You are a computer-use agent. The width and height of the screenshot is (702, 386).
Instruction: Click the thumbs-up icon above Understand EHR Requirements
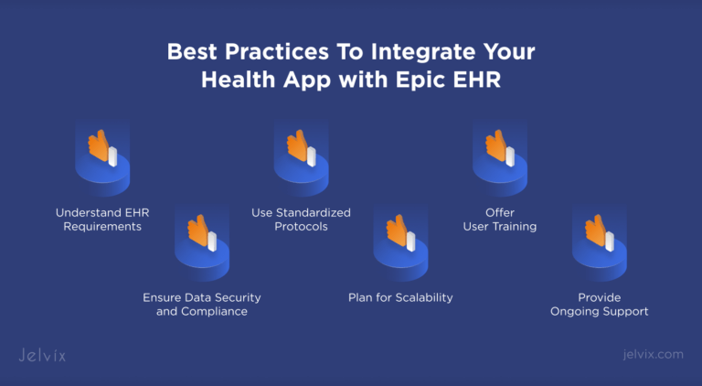pyautogui.click(x=101, y=147)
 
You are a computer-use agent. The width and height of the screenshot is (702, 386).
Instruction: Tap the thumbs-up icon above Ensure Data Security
pyautogui.click(x=200, y=233)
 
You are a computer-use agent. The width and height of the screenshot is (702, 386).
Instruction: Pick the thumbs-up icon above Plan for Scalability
pyautogui.click(x=399, y=233)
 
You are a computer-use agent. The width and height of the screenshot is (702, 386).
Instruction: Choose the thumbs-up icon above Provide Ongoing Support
pyautogui.click(x=598, y=233)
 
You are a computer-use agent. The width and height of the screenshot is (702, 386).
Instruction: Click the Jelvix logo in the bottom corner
pyautogui.click(x=43, y=354)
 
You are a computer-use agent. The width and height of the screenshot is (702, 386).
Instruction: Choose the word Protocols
pyautogui.click(x=301, y=226)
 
